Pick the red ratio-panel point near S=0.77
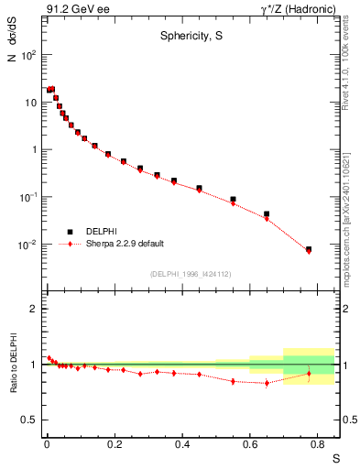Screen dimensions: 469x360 pyautogui.click(x=309, y=374)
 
